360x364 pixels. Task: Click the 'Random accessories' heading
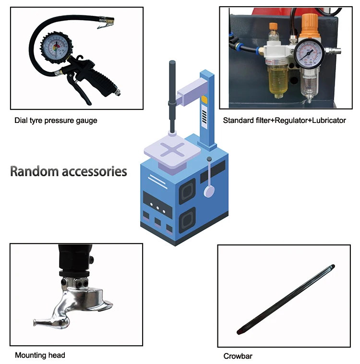69,171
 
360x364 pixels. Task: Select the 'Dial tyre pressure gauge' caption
56,121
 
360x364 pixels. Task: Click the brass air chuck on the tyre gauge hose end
106,23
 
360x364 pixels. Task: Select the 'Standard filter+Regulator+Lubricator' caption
284,121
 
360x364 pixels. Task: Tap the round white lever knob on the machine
209,192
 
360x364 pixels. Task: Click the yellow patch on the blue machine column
204,99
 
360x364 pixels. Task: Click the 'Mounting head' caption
40,355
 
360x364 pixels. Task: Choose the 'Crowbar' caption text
238,356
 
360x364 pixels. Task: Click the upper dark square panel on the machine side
188,190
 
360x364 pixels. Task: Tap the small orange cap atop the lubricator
273,26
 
